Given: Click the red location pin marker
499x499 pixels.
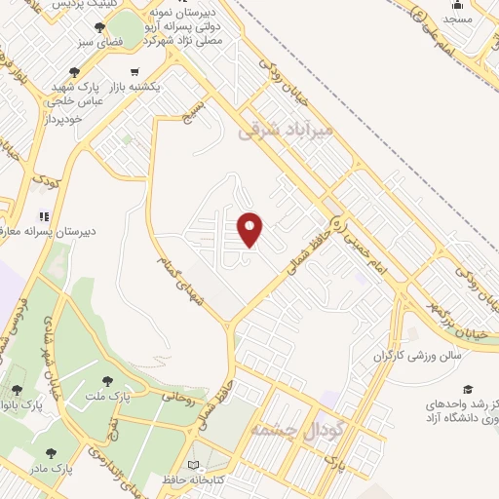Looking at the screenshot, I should tap(251, 230).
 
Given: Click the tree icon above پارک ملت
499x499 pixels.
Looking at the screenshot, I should tap(106, 380).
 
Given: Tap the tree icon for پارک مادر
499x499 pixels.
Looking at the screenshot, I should tap(50, 454).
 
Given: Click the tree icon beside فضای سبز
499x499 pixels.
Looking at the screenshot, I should tap(100, 27).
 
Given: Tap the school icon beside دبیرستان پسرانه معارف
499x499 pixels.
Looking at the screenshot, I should tap(42, 216).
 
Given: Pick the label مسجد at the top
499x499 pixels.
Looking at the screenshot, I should tap(458, 19).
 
